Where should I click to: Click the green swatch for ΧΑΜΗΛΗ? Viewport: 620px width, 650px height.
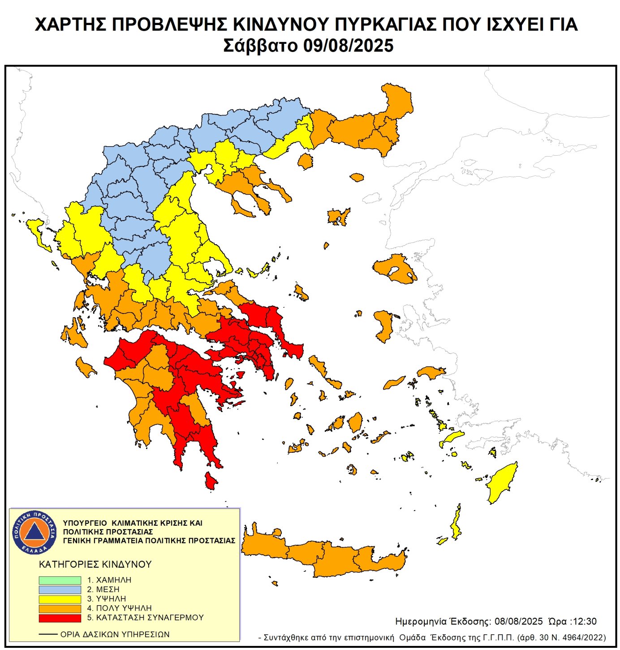coord(60,580)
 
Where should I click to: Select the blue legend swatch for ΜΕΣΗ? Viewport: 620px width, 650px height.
coord(60,590)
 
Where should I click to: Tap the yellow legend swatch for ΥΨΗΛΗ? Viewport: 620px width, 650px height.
coord(60,599)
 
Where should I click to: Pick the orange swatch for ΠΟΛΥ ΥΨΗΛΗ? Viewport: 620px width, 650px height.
coord(60,608)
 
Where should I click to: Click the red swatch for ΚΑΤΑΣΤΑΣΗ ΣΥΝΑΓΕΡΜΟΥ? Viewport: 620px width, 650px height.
coord(60,618)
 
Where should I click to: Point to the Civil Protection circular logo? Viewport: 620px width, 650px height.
coord(34,532)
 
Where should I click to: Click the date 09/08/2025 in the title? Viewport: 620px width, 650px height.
coord(349,46)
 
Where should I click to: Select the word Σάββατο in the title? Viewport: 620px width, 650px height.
coord(260,46)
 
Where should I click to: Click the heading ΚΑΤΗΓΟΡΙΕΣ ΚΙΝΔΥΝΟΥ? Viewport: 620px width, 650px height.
coord(95,564)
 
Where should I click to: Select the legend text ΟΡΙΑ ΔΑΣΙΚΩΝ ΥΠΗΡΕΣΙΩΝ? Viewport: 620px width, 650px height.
coord(115,634)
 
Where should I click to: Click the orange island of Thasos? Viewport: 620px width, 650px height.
coord(305,161)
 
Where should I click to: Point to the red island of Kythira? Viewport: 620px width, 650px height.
coord(210,481)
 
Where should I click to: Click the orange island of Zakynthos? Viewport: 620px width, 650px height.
coord(85,366)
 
